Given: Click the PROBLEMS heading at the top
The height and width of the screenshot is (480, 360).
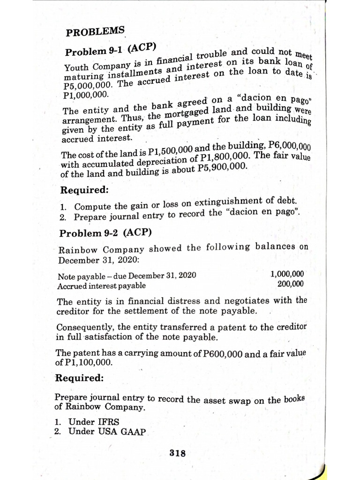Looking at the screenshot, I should tap(95, 33).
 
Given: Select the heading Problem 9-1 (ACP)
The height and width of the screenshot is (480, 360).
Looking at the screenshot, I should tap(111, 50).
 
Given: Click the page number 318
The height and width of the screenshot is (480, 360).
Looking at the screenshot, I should tap(178, 453).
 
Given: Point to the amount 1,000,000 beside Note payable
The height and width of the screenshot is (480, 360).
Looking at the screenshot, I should tap(287, 274).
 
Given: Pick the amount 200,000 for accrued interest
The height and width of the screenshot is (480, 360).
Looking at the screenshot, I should tap(290, 284).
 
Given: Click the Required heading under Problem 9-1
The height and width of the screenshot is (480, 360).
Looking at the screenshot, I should tap(85, 190).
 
